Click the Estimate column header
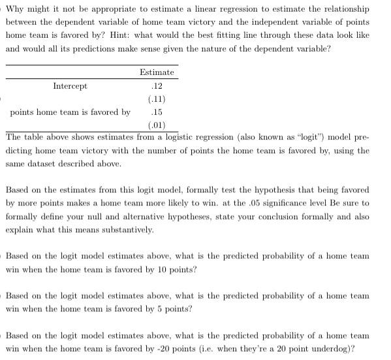click(x=157, y=72)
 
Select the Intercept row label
click(x=69, y=85)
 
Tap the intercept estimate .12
click(x=157, y=86)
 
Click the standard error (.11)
click(x=157, y=99)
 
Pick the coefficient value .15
click(x=157, y=112)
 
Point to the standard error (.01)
click(x=157, y=125)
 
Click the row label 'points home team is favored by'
click(x=70, y=112)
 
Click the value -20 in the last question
click(x=180, y=348)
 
